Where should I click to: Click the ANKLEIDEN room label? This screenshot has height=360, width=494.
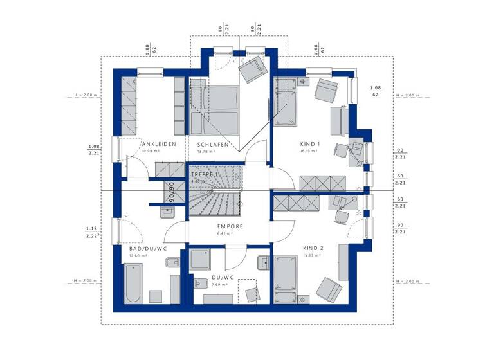tap(159, 144)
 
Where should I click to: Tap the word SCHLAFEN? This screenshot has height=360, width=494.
tap(213, 144)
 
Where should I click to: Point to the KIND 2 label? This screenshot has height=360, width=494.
tap(314, 248)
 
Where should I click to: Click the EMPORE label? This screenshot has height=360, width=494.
tap(230, 226)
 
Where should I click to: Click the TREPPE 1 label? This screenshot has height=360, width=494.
tap(205, 174)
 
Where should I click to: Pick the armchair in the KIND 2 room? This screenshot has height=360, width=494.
tap(329, 288)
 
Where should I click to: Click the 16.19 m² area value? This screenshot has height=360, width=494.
tap(309, 152)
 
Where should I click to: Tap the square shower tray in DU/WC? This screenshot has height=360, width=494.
tap(205, 260)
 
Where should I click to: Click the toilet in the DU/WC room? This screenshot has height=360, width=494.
tap(264, 263)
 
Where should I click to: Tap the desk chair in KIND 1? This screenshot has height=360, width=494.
tap(340, 151)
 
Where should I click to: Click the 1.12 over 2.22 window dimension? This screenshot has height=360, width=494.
tap(91, 232)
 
